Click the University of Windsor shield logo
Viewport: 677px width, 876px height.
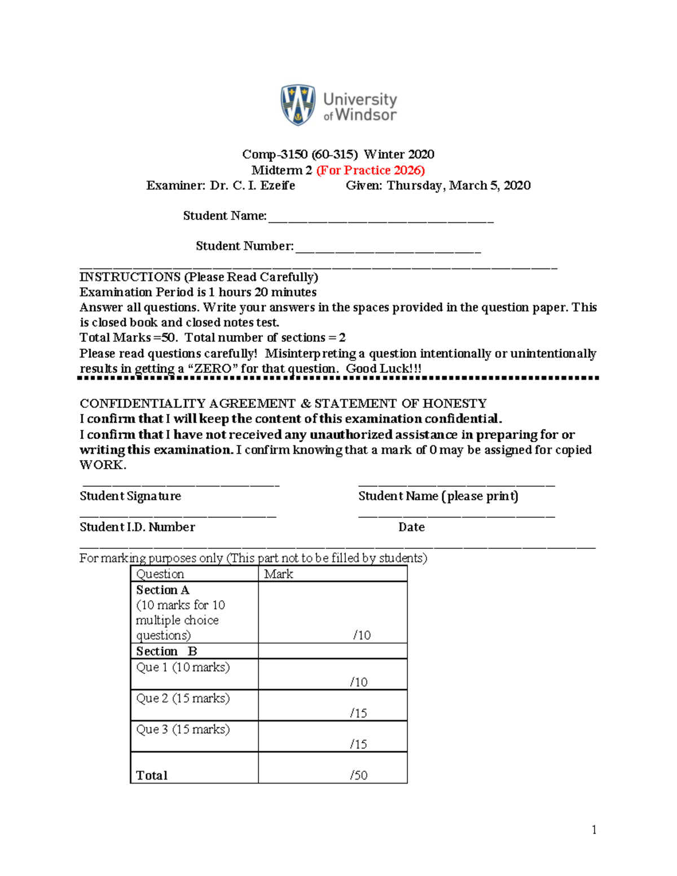[x=298, y=105]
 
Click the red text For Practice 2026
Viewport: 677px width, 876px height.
[x=370, y=170]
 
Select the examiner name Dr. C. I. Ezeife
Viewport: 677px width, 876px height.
[x=252, y=186]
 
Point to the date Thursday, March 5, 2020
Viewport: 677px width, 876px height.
[x=458, y=186]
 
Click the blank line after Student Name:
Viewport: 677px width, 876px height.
[x=381, y=218]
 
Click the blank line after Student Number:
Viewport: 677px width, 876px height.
[x=388, y=249]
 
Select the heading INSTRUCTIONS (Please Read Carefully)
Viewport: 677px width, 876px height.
[x=199, y=277]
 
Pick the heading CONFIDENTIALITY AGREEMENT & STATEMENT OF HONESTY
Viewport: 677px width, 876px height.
[x=283, y=404]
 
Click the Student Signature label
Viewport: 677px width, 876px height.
[x=130, y=496]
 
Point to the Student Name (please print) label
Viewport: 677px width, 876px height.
[x=438, y=496]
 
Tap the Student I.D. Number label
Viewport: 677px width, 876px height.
[x=137, y=527]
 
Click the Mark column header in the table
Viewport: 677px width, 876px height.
[x=279, y=574]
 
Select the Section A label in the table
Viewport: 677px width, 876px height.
[x=162, y=590]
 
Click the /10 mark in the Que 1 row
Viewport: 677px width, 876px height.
[x=359, y=683]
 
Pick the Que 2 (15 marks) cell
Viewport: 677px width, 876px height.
[x=183, y=698]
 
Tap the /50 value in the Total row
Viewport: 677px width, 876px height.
[x=359, y=776]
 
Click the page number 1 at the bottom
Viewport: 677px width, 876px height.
[x=594, y=830]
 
